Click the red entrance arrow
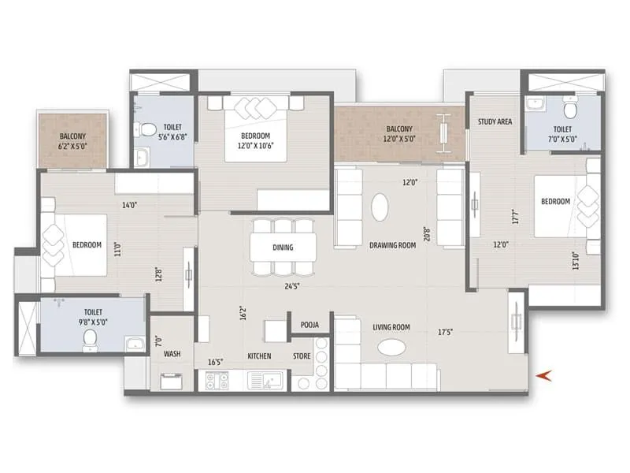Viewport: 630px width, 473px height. click(541, 376)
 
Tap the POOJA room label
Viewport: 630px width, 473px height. click(309, 325)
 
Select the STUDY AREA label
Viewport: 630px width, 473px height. click(495, 121)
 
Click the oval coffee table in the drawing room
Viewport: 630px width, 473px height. click(379, 208)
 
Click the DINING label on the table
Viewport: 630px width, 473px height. click(283, 248)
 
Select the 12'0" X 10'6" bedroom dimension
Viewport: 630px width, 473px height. click(264, 145)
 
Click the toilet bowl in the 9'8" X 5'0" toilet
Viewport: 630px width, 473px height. click(91, 340)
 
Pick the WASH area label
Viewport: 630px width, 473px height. click(172, 354)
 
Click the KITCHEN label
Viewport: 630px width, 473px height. click(259, 356)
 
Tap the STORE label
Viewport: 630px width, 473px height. click(302, 356)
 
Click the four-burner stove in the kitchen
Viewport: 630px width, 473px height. click(217, 381)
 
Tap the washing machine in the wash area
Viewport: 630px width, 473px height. click(172, 382)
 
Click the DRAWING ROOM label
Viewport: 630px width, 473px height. click(392, 245)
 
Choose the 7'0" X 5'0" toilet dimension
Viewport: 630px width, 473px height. click(562, 137)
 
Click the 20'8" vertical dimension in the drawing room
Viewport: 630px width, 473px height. click(427, 235)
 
